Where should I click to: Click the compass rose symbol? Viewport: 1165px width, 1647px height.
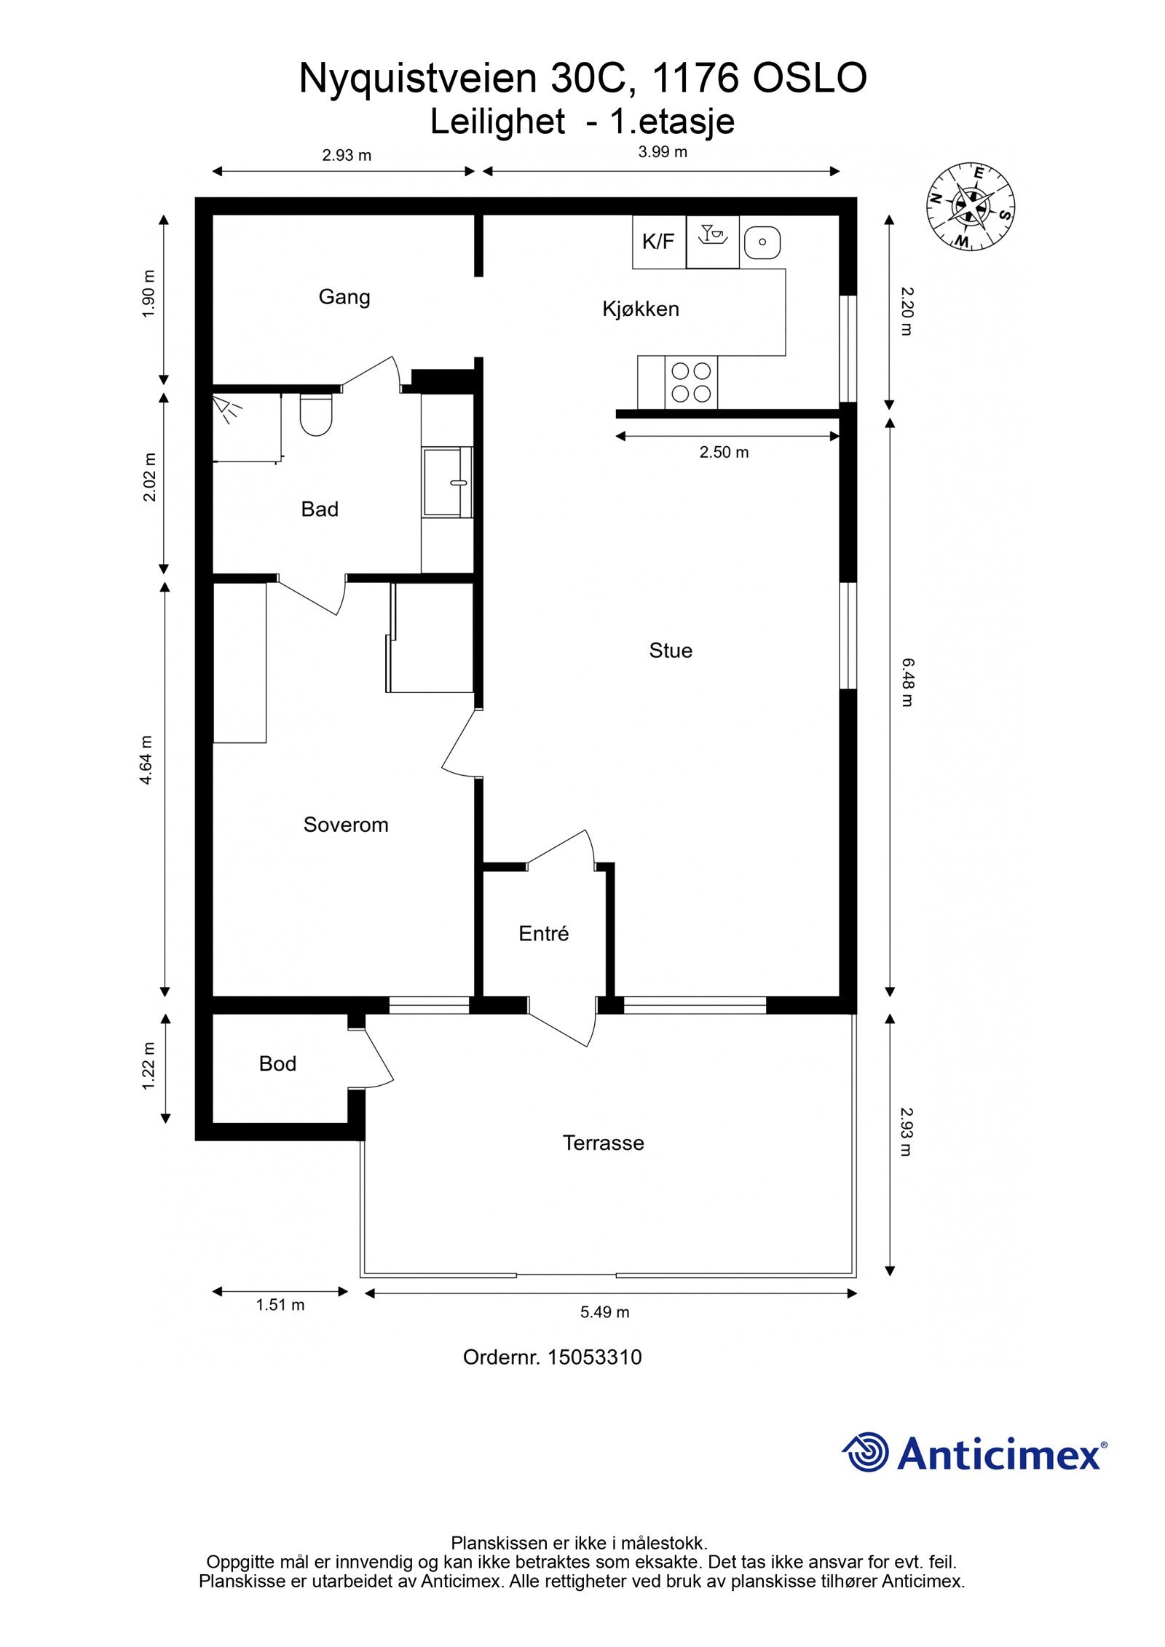971,206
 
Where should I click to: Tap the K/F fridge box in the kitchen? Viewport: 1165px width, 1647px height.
658,242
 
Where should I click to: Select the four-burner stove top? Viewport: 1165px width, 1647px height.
690,383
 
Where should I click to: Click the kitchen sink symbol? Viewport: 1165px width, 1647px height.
762,242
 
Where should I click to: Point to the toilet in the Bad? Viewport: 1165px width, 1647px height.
316,416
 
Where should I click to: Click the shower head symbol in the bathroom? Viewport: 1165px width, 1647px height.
226,409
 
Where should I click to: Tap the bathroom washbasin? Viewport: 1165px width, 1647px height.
446,483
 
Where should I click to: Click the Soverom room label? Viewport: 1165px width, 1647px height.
346,825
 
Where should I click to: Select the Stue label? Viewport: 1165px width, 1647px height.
671,651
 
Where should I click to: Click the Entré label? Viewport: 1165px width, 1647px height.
543,934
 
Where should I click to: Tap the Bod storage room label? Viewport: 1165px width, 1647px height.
277,1064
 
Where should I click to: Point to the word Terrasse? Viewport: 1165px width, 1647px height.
603,1143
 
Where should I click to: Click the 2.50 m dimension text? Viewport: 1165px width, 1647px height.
724,452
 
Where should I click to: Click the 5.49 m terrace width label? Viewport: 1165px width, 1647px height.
604,1312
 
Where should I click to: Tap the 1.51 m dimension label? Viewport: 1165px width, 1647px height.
280,1305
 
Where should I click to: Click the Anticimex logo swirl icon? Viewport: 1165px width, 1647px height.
866,1452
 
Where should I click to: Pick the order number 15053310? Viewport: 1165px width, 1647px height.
594,1357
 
